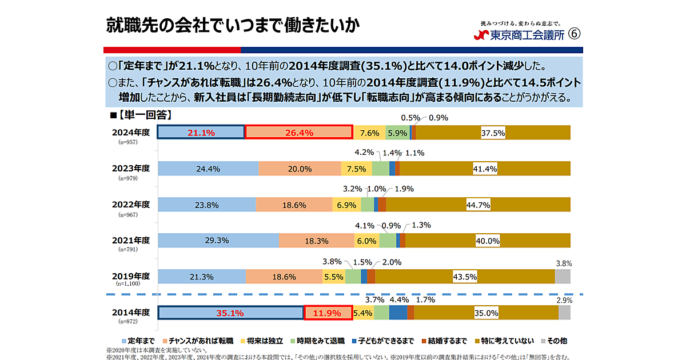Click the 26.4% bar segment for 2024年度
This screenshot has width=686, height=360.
298,133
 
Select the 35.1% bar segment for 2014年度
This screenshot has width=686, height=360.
230,313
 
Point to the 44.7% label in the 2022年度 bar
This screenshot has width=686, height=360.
478,205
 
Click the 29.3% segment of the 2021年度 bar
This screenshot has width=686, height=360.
218,241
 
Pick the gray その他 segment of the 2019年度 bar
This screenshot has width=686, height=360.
563,277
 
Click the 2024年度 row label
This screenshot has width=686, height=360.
131,133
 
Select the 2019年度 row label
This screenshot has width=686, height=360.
131,277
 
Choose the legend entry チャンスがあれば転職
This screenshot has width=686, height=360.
201,341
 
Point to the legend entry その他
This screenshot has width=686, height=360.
553,341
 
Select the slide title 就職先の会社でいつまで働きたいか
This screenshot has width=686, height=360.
233,26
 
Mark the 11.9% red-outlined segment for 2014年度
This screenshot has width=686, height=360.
327,313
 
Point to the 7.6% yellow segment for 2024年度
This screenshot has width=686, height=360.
369,133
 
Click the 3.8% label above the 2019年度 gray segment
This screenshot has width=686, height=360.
564,263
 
